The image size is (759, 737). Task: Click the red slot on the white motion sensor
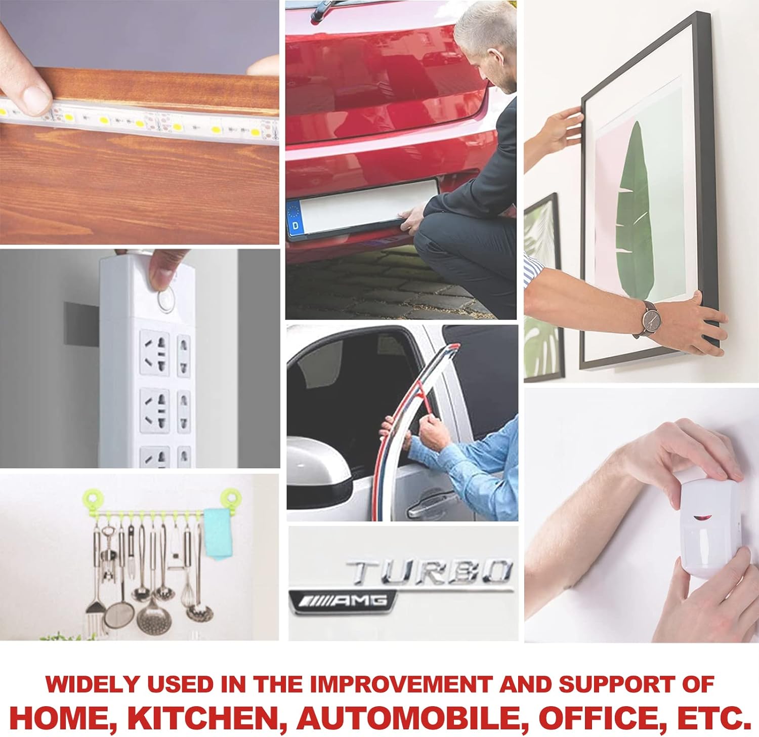(701, 518)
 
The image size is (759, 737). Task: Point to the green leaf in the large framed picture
(632, 213)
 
